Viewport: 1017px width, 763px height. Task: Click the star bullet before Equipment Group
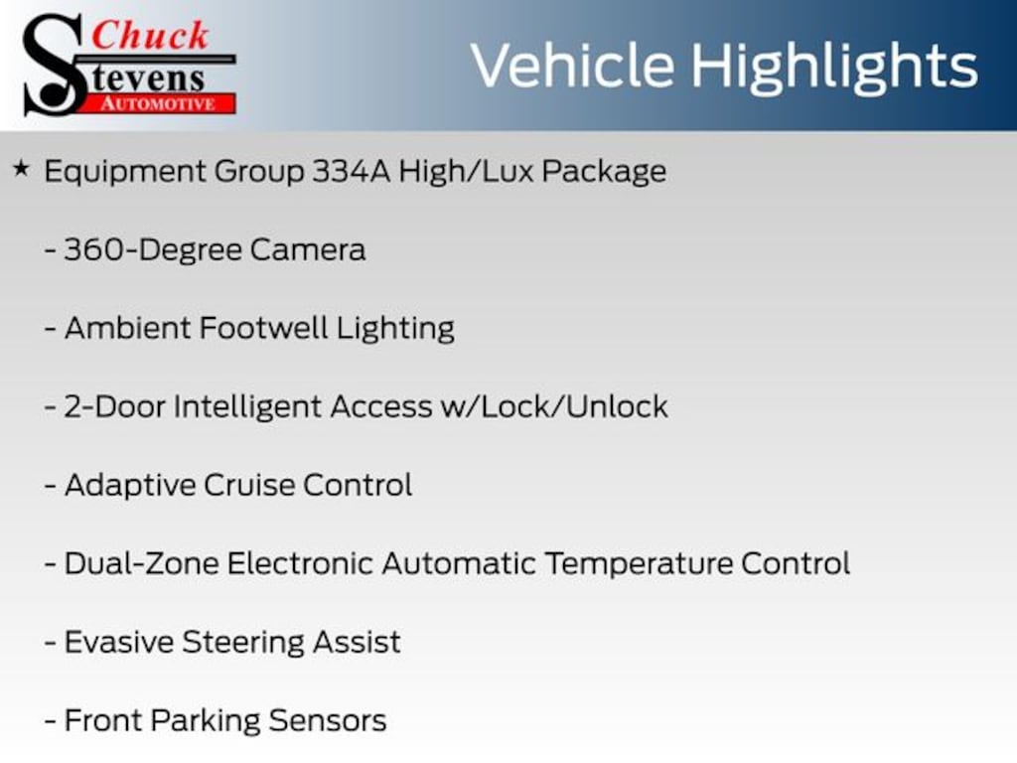tap(21, 169)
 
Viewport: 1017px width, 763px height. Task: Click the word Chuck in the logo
tap(150, 35)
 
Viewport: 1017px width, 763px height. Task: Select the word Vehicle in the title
tap(572, 66)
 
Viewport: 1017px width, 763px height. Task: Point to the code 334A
tap(351, 171)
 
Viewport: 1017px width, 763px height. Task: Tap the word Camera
tap(308, 250)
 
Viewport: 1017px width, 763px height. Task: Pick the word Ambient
tap(128, 328)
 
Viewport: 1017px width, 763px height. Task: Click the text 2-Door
tap(114, 406)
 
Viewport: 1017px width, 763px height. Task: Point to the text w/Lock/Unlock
tap(554, 406)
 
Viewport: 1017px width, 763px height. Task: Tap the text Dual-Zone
tap(141, 563)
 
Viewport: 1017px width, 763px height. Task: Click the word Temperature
tap(639, 564)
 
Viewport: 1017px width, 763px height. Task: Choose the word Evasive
tap(119, 643)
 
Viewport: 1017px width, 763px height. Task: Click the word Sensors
tap(328, 721)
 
